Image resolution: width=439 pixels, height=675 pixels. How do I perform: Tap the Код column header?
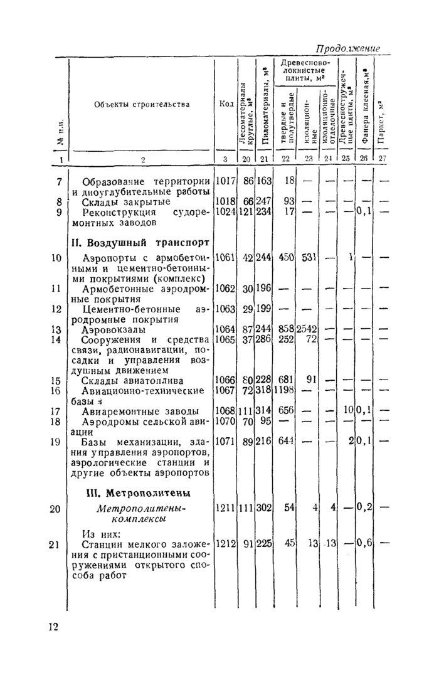pyautogui.click(x=226, y=104)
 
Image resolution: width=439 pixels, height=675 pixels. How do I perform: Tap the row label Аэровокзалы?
pyautogui.click(x=114, y=329)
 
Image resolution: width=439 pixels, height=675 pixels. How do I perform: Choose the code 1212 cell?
pyautogui.click(x=225, y=545)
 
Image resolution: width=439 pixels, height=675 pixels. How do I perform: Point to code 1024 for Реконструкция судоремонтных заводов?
pyautogui.click(x=225, y=212)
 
